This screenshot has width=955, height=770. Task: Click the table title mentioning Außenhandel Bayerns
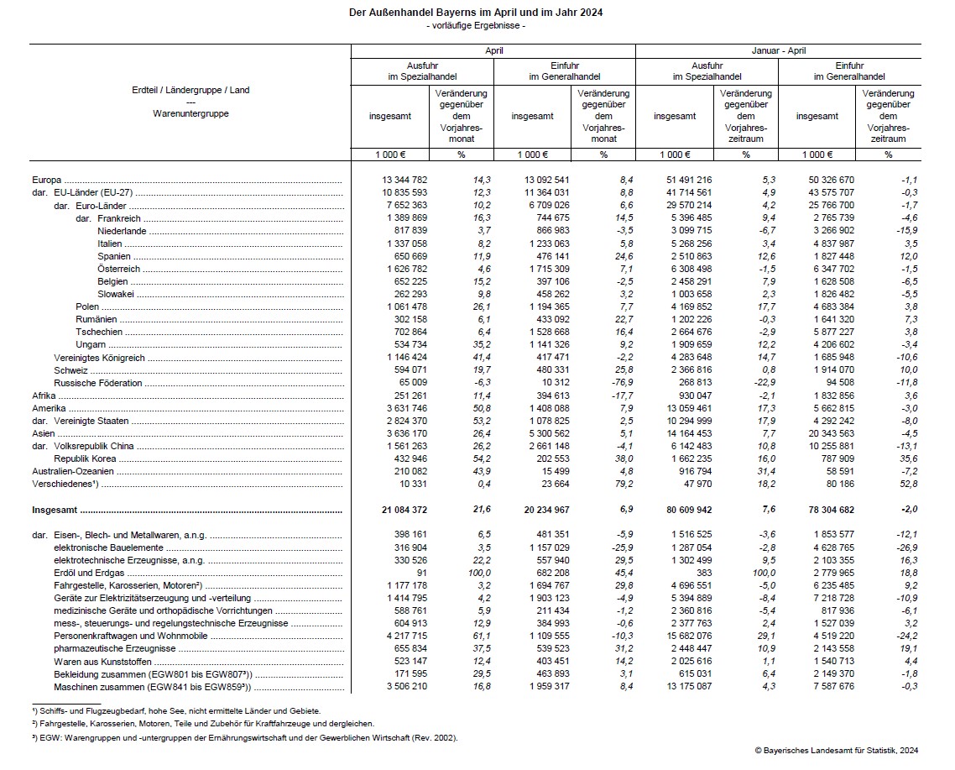pyautogui.click(x=476, y=13)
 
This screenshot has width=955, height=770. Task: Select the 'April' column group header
pyautogui.click(x=493, y=50)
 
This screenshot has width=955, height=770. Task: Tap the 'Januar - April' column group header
pyautogui.click(x=778, y=50)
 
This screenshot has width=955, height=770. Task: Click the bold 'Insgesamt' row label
pyautogui.click(x=55, y=510)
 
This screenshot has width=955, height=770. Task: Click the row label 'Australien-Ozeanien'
pyautogui.click(x=70, y=473)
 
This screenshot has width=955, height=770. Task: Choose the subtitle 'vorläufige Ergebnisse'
pyautogui.click(x=476, y=26)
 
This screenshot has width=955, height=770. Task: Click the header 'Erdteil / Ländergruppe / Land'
pyautogui.click(x=190, y=90)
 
